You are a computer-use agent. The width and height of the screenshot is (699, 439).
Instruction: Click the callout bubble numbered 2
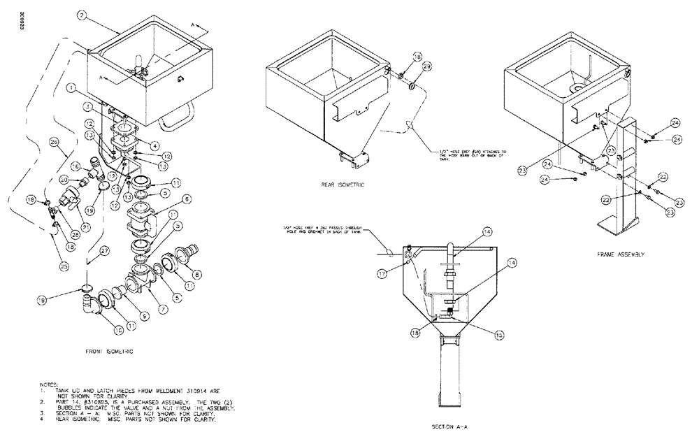point(82,14)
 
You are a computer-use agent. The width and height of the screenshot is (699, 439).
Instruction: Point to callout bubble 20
point(65,180)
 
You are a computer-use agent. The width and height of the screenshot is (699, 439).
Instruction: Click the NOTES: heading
point(52,384)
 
